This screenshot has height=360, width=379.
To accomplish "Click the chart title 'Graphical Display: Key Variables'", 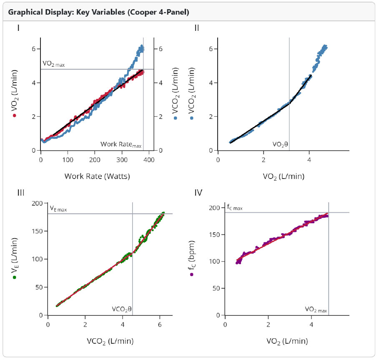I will (x=98, y=12).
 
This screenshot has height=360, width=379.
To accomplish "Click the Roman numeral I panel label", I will (x=19, y=28).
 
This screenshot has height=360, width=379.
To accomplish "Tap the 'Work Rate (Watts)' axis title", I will (x=97, y=176).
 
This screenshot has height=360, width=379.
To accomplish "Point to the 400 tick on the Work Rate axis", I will (x=149, y=159).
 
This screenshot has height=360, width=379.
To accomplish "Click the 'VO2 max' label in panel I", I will (x=54, y=64).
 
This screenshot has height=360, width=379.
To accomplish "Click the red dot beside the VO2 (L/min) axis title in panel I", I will (x=15, y=116).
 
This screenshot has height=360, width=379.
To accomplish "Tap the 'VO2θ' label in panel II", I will (x=280, y=144).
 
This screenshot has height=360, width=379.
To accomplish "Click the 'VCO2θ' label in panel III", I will (x=122, y=309).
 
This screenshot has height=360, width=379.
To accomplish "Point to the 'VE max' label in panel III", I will (x=58, y=208).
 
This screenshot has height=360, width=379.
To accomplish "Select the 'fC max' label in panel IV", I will (x=235, y=207).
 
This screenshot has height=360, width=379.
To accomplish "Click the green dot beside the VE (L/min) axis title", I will (x=15, y=277).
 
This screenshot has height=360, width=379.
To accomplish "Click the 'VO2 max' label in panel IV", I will (x=316, y=310).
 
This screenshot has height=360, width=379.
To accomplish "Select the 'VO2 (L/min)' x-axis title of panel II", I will (x=283, y=176).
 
